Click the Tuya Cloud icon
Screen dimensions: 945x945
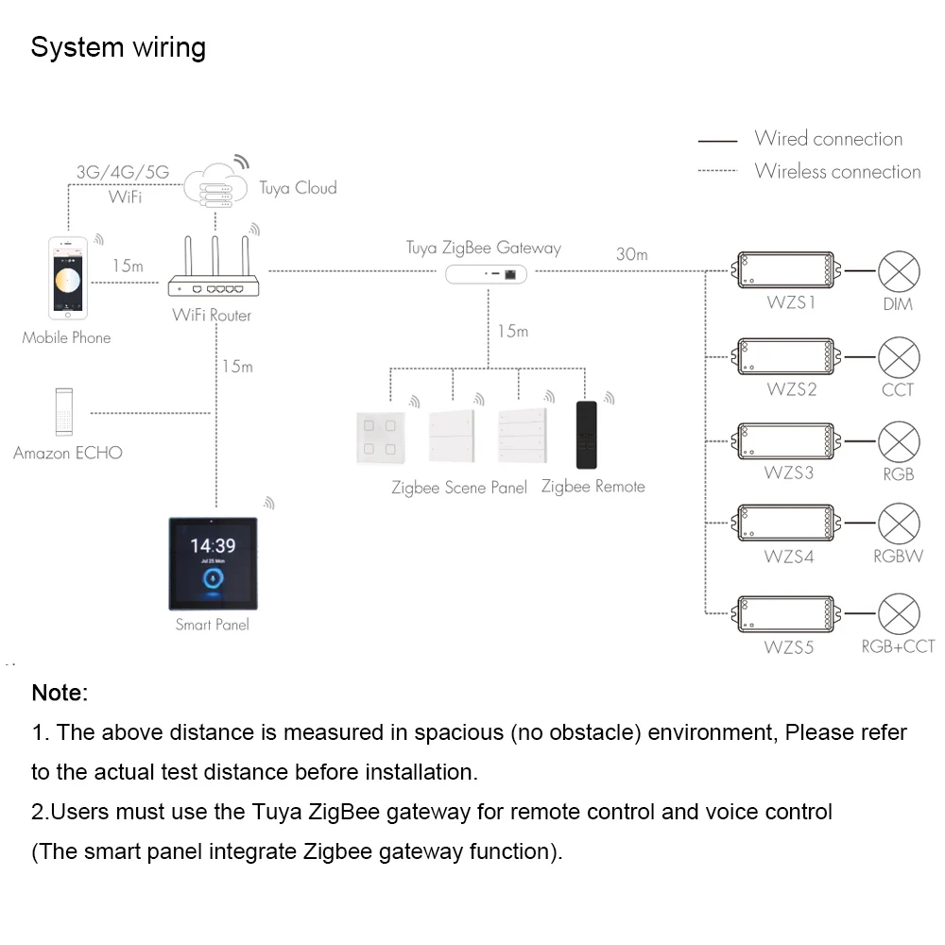pyautogui.click(x=215, y=185)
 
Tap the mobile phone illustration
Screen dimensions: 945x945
pyautogui.click(x=68, y=278)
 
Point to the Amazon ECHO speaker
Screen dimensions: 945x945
pyautogui.click(x=64, y=412)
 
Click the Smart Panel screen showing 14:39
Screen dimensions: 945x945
pyautogui.click(x=214, y=563)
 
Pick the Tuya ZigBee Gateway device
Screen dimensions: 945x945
pyautogui.click(x=486, y=274)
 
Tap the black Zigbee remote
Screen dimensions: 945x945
pyautogui.click(x=587, y=435)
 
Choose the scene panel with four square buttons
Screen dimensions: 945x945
pyautogui.click(x=380, y=438)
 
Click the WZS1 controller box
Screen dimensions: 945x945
pyautogui.click(x=786, y=269)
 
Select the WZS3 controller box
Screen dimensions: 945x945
pyautogui.click(x=786, y=441)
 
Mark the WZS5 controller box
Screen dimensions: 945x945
pyautogui.click(x=786, y=614)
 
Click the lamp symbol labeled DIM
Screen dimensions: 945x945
pyautogui.click(x=899, y=271)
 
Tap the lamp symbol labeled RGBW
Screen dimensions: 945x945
pyautogui.click(x=899, y=524)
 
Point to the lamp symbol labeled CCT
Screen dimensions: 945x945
pyautogui.click(x=899, y=357)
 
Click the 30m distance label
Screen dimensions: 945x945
pyautogui.click(x=631, y=254)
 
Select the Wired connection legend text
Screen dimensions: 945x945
pyautogui.click(x=829, y=139)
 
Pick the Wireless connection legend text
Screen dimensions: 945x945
pyautogui.click(x=837, y=171)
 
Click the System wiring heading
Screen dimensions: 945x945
pyautogui.click(x=118, y=47)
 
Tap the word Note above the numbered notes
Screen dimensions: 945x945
pyautogui.click(x=60, y=693)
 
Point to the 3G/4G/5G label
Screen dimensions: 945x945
pyautogui.click(x=123, y=172)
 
